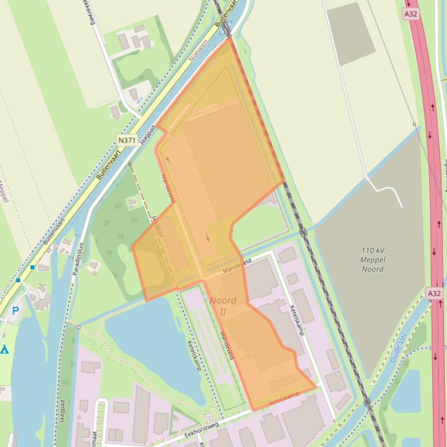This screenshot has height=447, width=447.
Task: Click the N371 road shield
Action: [x=126, y=140]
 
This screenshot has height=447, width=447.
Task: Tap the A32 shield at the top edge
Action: [x=411, y=13]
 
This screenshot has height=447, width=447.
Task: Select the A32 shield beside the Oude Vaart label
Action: [x=434, y=293]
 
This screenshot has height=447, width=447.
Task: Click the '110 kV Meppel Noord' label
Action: [x=373, y=259]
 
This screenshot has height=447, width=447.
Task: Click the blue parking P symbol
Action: [x=16, y=311]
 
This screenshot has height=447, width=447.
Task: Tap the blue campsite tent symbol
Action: [x=5, y=349]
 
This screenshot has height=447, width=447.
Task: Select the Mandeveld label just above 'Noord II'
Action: [x=237, y=266]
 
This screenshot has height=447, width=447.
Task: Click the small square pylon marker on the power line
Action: [x=414, y=124]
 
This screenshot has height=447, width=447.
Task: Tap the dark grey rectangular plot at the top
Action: [x=351, y=33]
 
